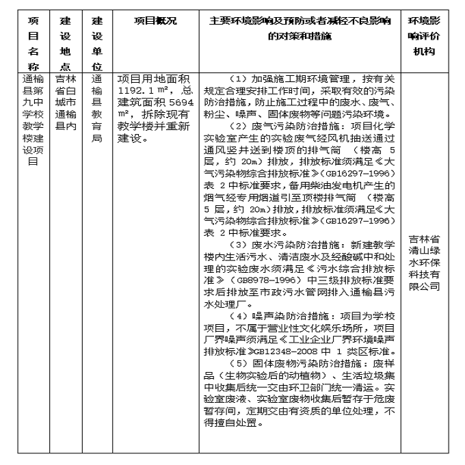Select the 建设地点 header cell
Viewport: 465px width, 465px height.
click(65, 43)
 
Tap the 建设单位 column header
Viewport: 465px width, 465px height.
click(97, 43)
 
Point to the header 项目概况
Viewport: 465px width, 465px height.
click(155, 21)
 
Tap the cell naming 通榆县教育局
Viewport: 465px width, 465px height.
click(97, 109)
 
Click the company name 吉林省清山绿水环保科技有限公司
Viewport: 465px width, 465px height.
click(433, 263)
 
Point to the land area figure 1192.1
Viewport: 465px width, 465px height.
click(136, 90)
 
